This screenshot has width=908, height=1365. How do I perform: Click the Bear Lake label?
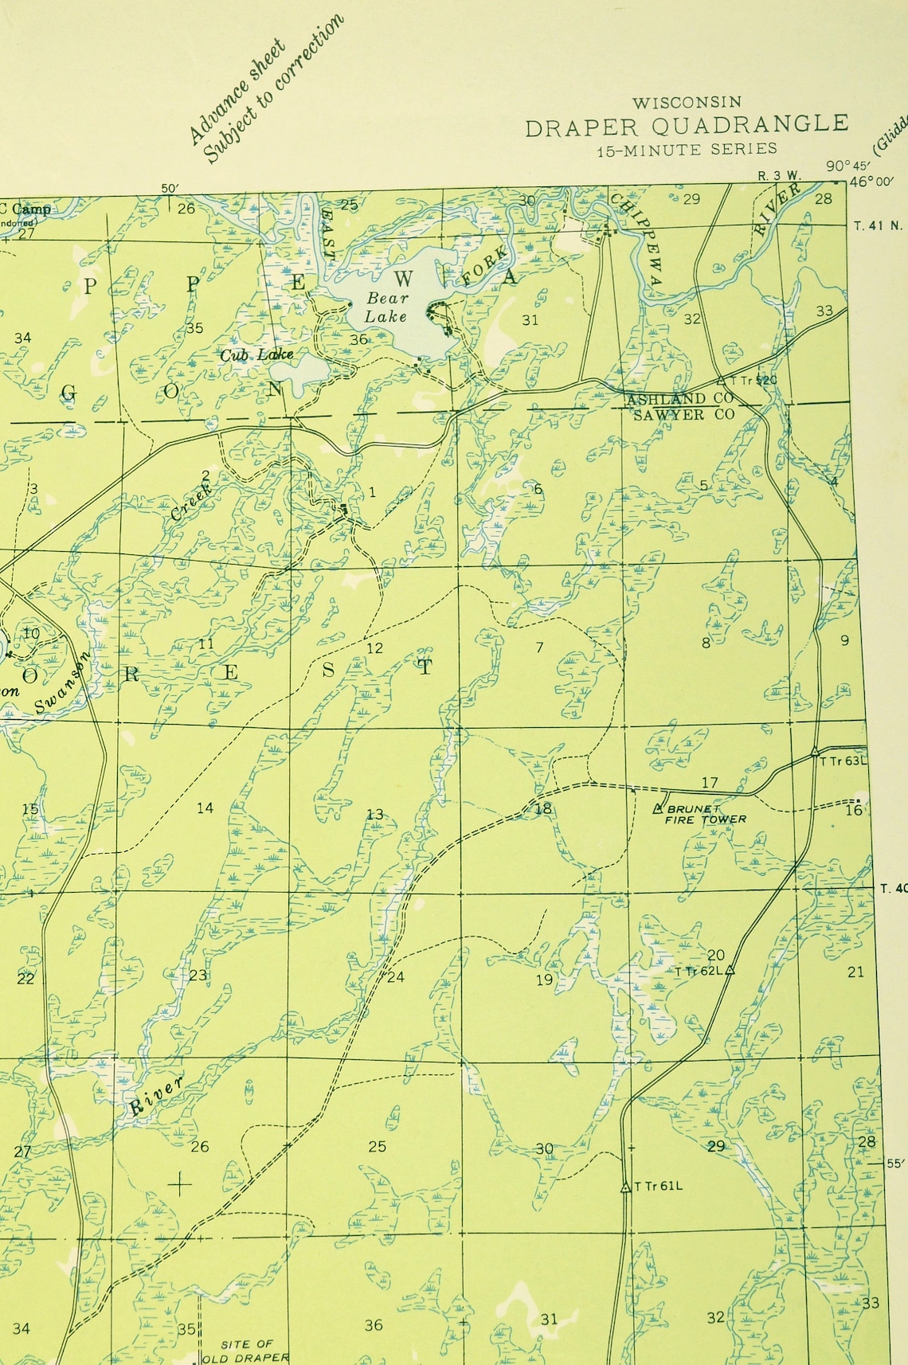point(386,307)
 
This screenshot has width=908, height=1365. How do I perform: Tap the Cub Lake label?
point(256,354)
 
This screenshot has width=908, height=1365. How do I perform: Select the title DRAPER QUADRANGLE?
point(687,126)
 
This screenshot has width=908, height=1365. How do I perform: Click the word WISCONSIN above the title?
point(687,102)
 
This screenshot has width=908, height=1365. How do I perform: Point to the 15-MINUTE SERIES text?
point(687,149)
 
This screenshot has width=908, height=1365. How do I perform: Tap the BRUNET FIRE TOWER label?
point(704,814)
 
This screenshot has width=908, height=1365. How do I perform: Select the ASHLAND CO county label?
point(679,399)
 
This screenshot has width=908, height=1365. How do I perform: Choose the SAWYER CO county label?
point(683,415)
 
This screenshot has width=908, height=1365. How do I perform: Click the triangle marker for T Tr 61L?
point(625,1187)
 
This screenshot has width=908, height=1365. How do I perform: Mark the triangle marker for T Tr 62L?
point(730,969)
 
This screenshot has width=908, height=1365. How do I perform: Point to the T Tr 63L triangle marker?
point(815,751)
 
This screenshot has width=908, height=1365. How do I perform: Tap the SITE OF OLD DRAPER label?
point(246,1351)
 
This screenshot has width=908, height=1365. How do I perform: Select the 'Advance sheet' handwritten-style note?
point(236,92)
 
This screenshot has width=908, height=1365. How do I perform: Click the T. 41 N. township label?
point(879,225)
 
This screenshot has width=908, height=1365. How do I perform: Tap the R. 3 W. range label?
point(779,175)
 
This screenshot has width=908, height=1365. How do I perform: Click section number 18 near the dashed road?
point(543,809)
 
